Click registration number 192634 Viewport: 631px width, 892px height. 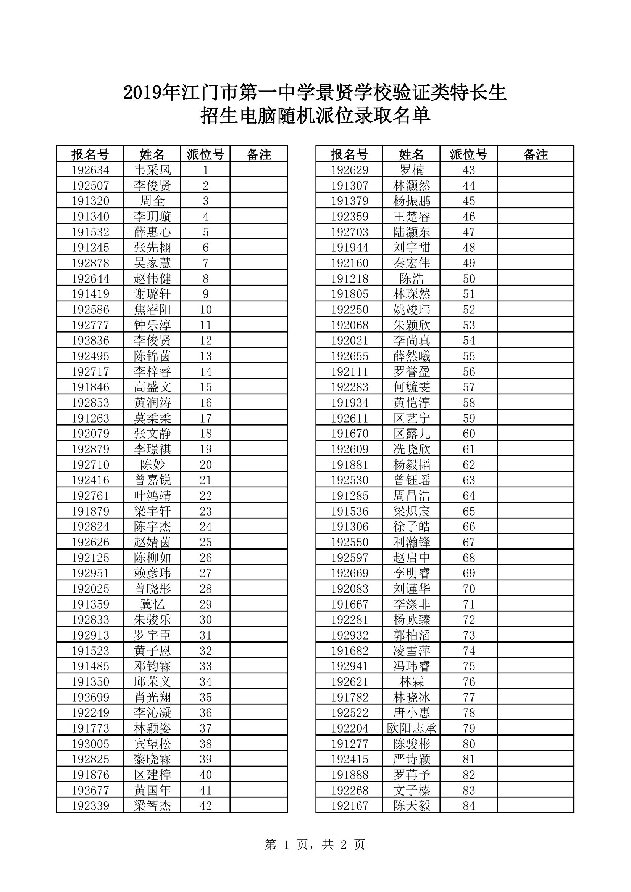click(x=90, y=170)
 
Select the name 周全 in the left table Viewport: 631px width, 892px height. click(x=152, y=201)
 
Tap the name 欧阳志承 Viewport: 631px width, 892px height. click(x=412, y=728)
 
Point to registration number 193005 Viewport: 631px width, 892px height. click(x=90, y=744)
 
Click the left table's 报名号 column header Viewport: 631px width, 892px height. click(x=90, y=154)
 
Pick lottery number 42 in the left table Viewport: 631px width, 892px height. click(x=205, y=805)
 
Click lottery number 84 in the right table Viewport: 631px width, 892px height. click(x=468, y=805)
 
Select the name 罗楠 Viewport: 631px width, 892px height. click(x=412, y=170)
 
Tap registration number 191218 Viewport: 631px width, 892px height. click(x=350, y=278)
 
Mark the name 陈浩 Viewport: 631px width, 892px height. click(x=412, y=278)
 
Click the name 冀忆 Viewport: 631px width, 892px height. click(x=152, y=604)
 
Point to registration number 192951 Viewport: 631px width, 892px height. click(x=90, y=573)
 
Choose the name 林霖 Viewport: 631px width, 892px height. click(x=412, y=681)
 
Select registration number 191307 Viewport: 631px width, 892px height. click(x=350, y=185)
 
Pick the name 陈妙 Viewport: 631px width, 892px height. click(x=152, y=464)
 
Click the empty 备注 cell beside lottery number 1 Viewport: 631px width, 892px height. click(x=258, y=170)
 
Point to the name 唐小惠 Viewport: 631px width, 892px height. click(x=412, y=712)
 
